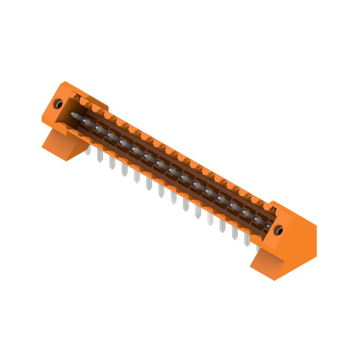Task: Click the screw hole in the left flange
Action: tap(58, 105)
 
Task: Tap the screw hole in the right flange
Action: tap(279, 230)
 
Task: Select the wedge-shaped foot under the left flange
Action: tap(63, 144)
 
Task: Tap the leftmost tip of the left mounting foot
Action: tap(43, 146)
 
